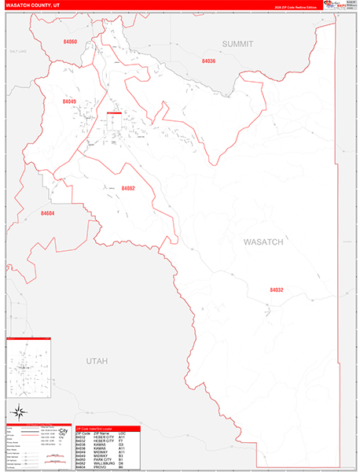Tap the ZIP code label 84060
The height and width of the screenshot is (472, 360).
(x=70, y=41)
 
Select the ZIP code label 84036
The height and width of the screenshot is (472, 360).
(x=208, y=61)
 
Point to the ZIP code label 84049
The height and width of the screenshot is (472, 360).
(x=69, y=101)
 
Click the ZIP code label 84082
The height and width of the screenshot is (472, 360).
(x=128, y=188)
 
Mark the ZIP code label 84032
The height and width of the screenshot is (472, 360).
(x=275, y=289)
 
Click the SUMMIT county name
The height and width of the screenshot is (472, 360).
(x=237, y=44)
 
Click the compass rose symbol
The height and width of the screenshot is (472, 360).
(x=19, y=411)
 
